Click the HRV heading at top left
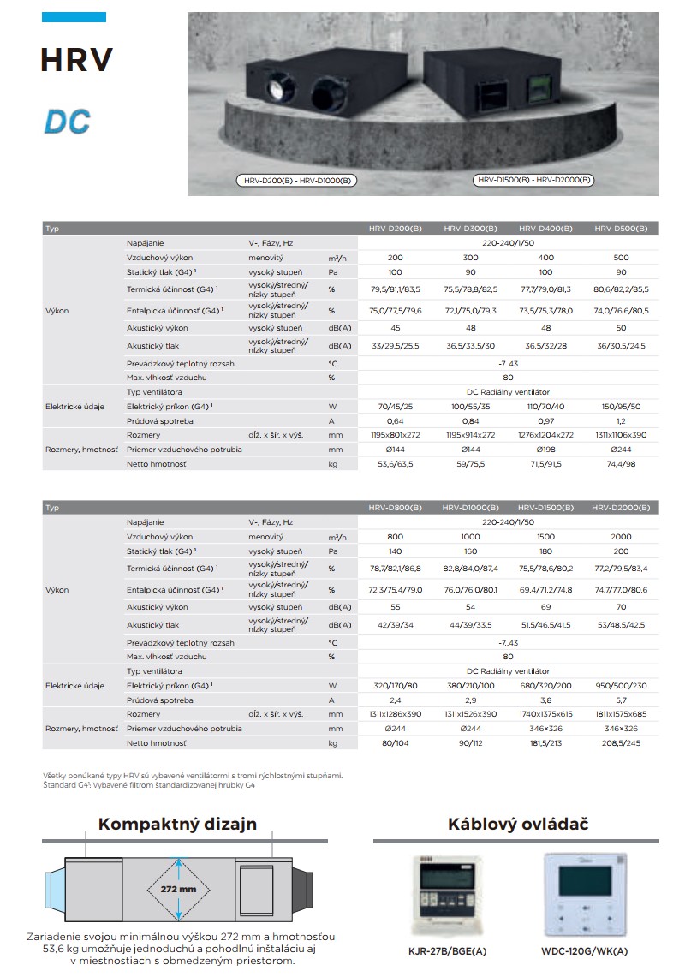click(76, 60)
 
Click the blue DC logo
click(67, 121)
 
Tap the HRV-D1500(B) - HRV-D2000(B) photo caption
click(534, 180)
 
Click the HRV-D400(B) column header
click(545, 229)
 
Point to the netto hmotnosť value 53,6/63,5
click(395, 463)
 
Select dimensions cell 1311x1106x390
click(621, 434)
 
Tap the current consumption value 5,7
click(621, 700)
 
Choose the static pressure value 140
click(395, 551)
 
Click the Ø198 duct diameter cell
click(545, 449)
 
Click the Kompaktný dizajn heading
click(177, 825)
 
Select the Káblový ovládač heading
click(518, 825)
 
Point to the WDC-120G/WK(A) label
click(583, 950)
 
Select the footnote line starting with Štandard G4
click(149, 785)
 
